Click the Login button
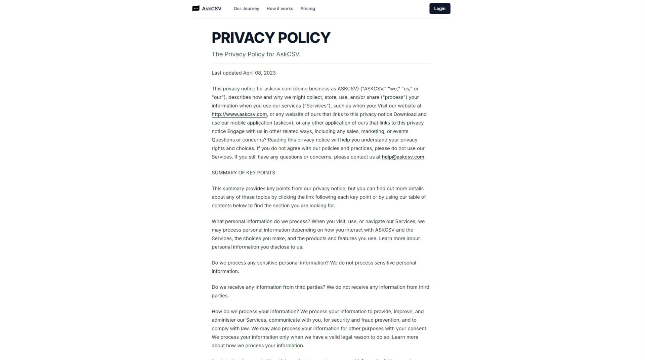click(439, 8)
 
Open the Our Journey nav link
click(246, 8)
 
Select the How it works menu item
click(279, 8)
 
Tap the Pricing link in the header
click(307, 8)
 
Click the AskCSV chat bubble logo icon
click(196, 8)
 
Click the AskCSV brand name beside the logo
click(211, 9)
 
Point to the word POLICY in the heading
click(304, 38)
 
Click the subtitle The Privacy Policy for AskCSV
click(256, 54)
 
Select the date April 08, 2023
click(259, 73)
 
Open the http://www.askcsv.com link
click(239, 114)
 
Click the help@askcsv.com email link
click(402, 157)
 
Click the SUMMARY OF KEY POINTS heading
click(243, 173)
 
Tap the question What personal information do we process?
click(261, 221)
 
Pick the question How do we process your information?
click(255, 311)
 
